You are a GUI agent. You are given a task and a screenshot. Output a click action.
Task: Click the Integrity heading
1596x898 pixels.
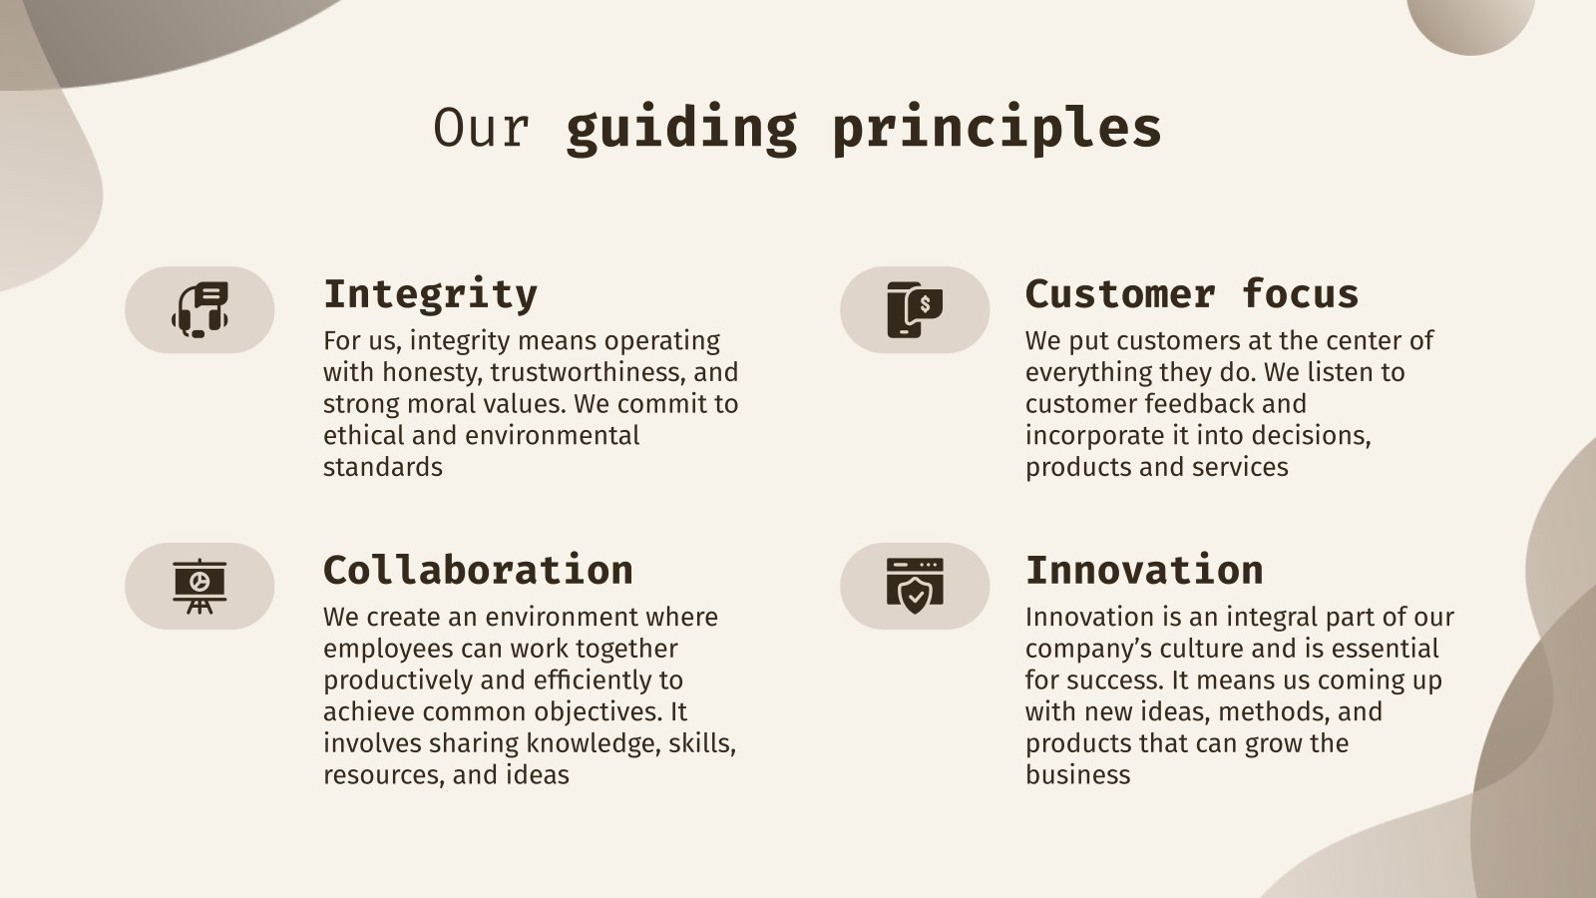point(430,294)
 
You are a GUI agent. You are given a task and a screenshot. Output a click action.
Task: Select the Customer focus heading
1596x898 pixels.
point(1191,294)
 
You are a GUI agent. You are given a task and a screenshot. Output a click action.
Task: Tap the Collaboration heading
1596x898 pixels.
point(478,571)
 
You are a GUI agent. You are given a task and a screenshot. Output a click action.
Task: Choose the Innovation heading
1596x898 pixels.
point(1143,571)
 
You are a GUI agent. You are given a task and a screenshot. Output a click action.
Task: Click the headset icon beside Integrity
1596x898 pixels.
point(199,309)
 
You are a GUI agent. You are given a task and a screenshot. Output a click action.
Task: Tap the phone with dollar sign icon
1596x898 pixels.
point(914,309)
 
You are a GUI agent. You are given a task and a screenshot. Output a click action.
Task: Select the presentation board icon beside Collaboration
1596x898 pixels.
point(199,586)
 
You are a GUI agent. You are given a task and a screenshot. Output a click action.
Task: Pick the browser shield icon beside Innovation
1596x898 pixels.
point(914,586)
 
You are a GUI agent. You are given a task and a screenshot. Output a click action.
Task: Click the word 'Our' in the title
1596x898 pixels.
point(480,128)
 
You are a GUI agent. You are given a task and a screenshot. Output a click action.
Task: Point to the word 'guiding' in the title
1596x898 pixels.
point(681,128)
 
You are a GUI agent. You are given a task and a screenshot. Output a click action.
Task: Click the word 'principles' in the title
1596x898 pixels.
point(997,128)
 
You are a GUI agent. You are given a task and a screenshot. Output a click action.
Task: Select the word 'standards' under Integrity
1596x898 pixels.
point(382,467)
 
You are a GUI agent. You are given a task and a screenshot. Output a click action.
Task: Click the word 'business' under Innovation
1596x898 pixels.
point(1077,775)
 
